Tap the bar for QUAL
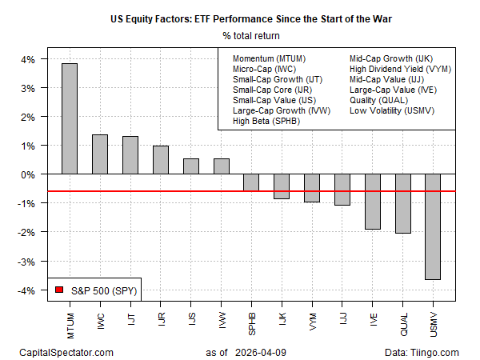402,203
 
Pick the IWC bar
100,154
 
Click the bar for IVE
372,201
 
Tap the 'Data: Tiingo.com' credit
427,351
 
